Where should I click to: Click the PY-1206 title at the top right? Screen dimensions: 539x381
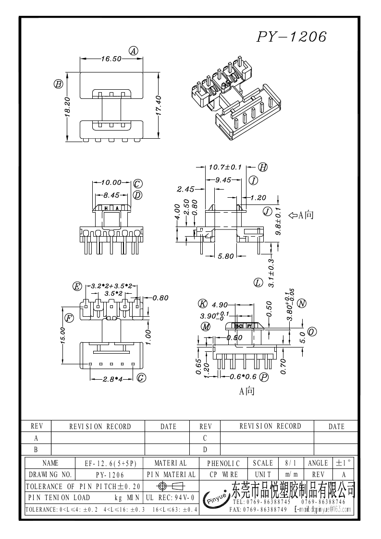[291, 37]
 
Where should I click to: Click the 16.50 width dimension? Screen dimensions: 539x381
[111, 59]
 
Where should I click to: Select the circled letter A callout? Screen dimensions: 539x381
[134, 51]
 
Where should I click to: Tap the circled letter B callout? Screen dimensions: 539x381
[58, 84]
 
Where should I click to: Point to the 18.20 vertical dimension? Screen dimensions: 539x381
[67, 106]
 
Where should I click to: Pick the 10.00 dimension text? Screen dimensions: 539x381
[112, 183]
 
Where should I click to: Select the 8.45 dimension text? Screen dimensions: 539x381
[111, 195]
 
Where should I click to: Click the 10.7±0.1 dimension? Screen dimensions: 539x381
[224, 168]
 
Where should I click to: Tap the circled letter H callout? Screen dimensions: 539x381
[263, 168]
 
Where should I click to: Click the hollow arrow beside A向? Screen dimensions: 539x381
[293, 216]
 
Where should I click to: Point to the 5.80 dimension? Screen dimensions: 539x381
[225, 256]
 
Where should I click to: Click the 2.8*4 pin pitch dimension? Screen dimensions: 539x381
[113, 379]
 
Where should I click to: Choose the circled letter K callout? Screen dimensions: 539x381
[203, 304]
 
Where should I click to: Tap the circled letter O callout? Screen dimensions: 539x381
[312, 332]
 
